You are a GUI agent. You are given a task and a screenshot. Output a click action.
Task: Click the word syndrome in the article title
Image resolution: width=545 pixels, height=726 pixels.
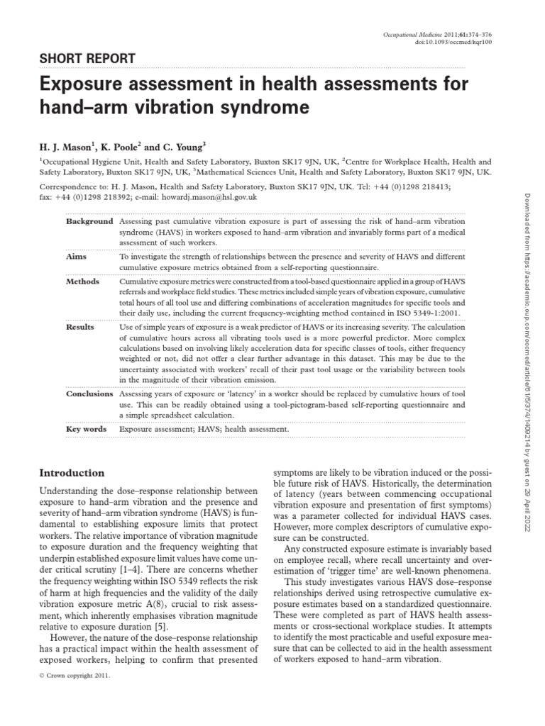274,108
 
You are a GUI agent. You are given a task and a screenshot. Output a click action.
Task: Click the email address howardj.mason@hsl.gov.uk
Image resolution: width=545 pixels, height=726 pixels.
212,198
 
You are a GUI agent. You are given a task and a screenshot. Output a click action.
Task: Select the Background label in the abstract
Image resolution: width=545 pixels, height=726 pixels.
89,222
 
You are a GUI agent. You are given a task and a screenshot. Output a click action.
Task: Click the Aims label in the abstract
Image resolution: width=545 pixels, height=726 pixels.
76,256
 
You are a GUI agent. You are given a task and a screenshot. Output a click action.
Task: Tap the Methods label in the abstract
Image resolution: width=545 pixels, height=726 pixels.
82,281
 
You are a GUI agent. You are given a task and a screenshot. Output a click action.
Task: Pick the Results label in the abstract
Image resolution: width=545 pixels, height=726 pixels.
80,327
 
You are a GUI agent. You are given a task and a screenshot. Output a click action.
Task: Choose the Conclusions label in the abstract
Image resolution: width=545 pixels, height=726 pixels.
89,393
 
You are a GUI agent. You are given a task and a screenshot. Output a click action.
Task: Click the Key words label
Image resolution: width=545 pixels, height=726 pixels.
87,429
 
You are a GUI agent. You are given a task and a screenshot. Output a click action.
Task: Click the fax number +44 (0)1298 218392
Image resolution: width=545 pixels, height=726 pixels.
96,198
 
